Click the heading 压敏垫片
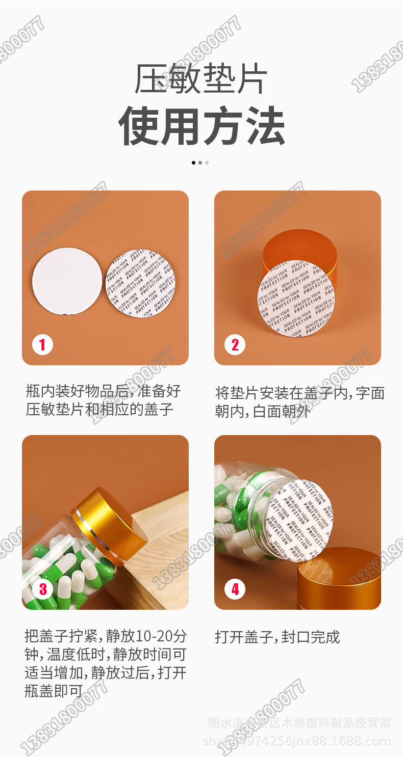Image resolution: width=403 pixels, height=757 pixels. (201, 79)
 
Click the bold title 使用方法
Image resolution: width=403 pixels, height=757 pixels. (201, 126)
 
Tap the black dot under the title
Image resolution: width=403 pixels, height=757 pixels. (194, 163)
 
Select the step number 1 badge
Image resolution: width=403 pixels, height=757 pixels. (42, 345)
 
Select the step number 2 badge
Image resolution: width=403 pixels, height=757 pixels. (235, 345)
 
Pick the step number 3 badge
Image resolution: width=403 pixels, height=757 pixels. (42, 589)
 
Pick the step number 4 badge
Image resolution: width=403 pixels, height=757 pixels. (235, 589)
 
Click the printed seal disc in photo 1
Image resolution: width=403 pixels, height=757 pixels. (141, 283)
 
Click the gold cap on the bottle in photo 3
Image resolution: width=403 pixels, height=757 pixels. (110, 530)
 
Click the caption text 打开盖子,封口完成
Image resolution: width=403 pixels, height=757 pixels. (277, 637)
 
